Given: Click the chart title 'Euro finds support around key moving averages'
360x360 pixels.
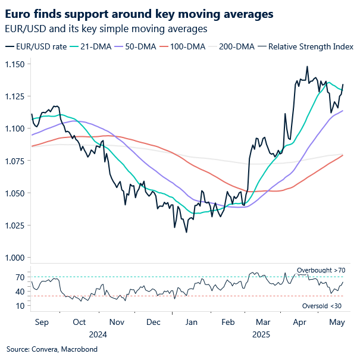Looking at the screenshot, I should [139, 13].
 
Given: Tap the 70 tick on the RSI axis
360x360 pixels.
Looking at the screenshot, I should [20, 277].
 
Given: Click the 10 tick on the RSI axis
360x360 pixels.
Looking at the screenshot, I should [20, 306].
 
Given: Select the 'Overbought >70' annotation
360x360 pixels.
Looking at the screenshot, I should [321, 271].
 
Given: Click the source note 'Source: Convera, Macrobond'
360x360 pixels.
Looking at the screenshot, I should [51, 349].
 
